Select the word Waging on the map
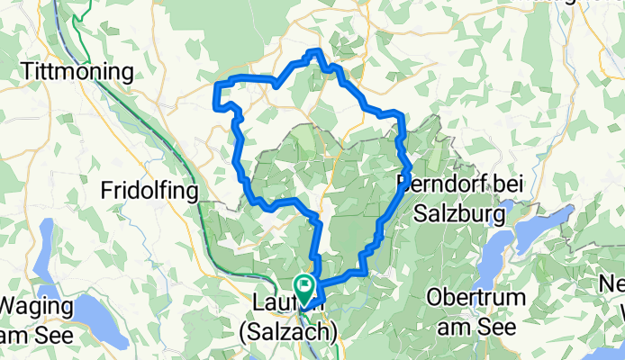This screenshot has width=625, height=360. pyautogui.click(x=41, y=305)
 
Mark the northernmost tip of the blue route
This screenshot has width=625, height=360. pyautogui.click(x=314, y=51)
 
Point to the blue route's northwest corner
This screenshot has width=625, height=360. pyautogui.click(x=216, y=85)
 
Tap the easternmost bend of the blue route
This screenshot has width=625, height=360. pyautogui.click(x=410, y=167)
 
